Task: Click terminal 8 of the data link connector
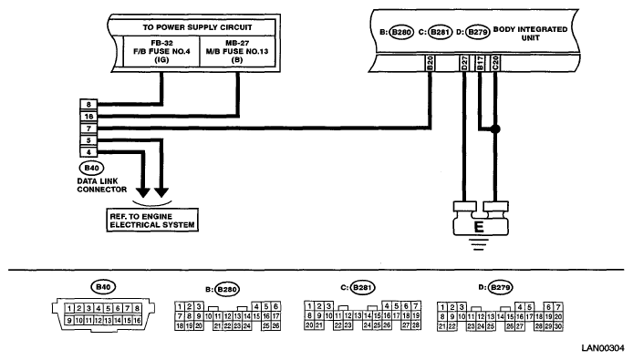coord(88,105)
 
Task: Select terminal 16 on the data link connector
coord(88,117)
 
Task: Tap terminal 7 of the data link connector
coord(88,129)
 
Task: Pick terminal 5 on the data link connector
coord(88,140)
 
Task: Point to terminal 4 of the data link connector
coord(88,152)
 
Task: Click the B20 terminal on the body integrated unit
coord(431,64)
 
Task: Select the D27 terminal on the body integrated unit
coord(464,64)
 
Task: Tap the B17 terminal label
coord(480,64)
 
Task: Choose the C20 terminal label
coord(495,64)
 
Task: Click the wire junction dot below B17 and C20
coord(495,129)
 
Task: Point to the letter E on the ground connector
coord(479,227)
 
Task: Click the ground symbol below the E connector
coord(479,244)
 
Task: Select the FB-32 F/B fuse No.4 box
coord(161,51)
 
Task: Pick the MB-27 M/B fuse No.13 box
coord(237,51)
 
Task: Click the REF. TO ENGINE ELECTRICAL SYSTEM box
coord(152,221)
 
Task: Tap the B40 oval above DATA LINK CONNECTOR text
coord(91,168)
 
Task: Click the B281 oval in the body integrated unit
coord(440,32)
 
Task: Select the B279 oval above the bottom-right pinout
coord(500,288)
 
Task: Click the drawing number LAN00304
coord(603,348)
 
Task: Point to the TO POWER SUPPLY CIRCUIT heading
coord(197,27)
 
